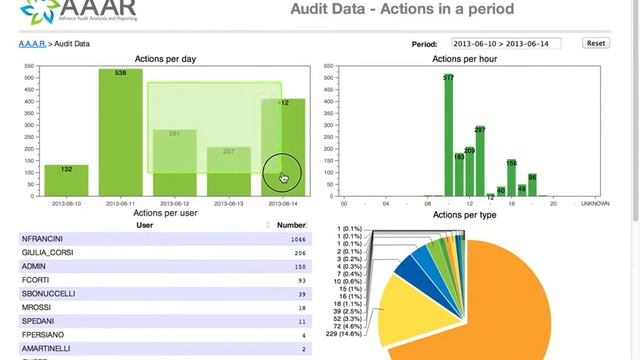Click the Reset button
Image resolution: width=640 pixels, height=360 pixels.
[x=596, y=43]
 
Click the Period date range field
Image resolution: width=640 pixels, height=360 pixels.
[x=506, y=43]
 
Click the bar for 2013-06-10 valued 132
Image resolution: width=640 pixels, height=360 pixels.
[x=66, y=180]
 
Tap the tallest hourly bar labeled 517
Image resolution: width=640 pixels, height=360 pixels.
[x=449, y=135]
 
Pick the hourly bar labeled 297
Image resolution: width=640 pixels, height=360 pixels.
[x=480, y=160]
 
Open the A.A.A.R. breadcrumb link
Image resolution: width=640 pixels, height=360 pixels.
[x=32, y=44]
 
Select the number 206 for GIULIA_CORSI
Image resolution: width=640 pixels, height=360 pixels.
[x=297, y=254]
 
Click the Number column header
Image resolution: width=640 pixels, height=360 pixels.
[x=291, y=225]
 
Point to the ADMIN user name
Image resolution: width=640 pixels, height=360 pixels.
[x=34, y=267]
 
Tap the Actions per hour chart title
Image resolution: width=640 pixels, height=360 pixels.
[x=464, y=59]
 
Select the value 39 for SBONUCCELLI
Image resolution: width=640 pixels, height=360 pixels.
[x=299, y=294]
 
